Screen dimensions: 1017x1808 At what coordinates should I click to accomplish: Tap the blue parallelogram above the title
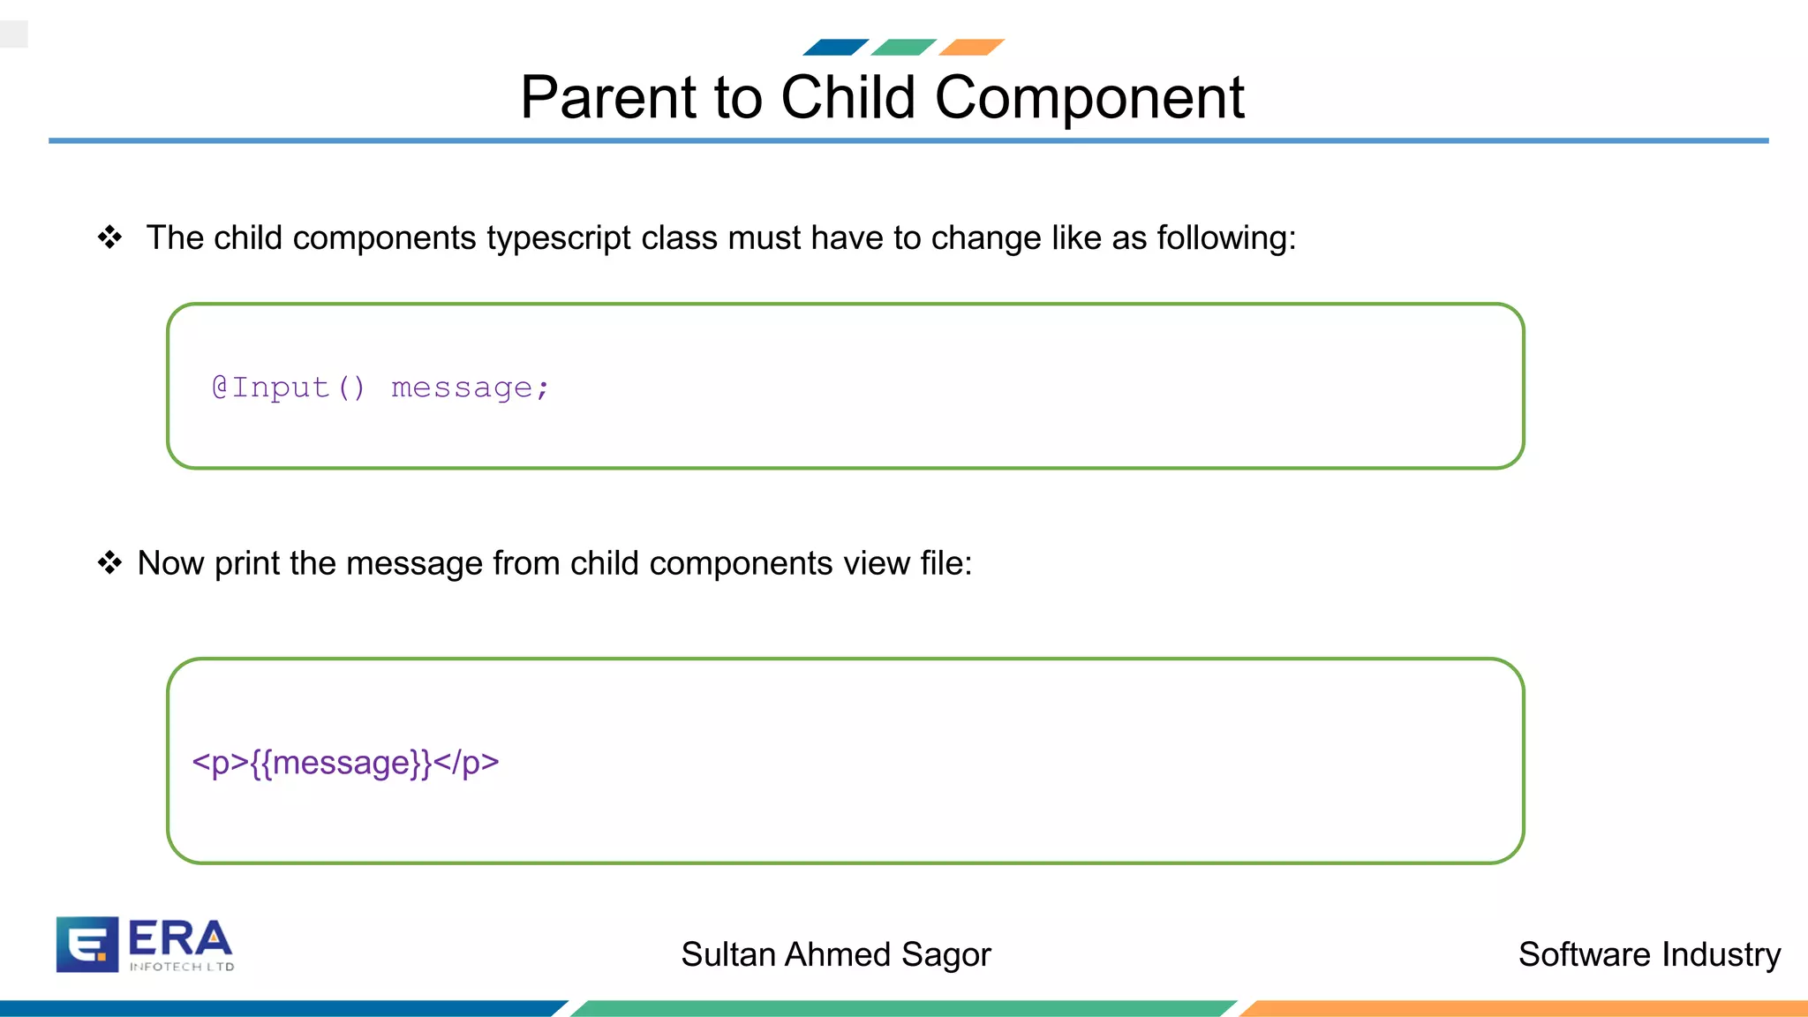pyautogui.click(x=835, y=47)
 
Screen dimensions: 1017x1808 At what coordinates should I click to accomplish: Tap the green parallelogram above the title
pyautogui.click(x=903, y=47)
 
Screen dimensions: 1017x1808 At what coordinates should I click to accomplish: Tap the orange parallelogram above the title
pyautogui.click(x=971, y=47)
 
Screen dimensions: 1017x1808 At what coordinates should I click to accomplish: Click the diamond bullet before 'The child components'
pyautogui.click(x=109, y=237)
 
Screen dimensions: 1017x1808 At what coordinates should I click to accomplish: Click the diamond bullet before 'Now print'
pyautogui.click(x=109, y=562)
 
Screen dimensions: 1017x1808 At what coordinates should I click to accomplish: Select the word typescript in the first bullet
pyautogui.click(x=558, y=238)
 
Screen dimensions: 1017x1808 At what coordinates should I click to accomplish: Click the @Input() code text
pyautogui.click(x=288, y=388)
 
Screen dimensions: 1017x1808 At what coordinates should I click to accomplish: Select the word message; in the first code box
pyautogui.click(x=470, y=388)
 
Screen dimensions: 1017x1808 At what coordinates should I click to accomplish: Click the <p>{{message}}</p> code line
pyautogui.click(x=345, y=762)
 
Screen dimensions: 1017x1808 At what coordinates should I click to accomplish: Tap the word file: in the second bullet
pyautogui.click(x=945, y=563)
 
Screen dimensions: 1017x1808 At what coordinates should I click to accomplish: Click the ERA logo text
pyautogui.click(x=179, y=938)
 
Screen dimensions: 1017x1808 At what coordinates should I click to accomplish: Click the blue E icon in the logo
pyautogui.click(x=87, y=944)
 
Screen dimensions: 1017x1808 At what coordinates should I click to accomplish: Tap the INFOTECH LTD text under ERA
pyautogui.click(x=182, y=967)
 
